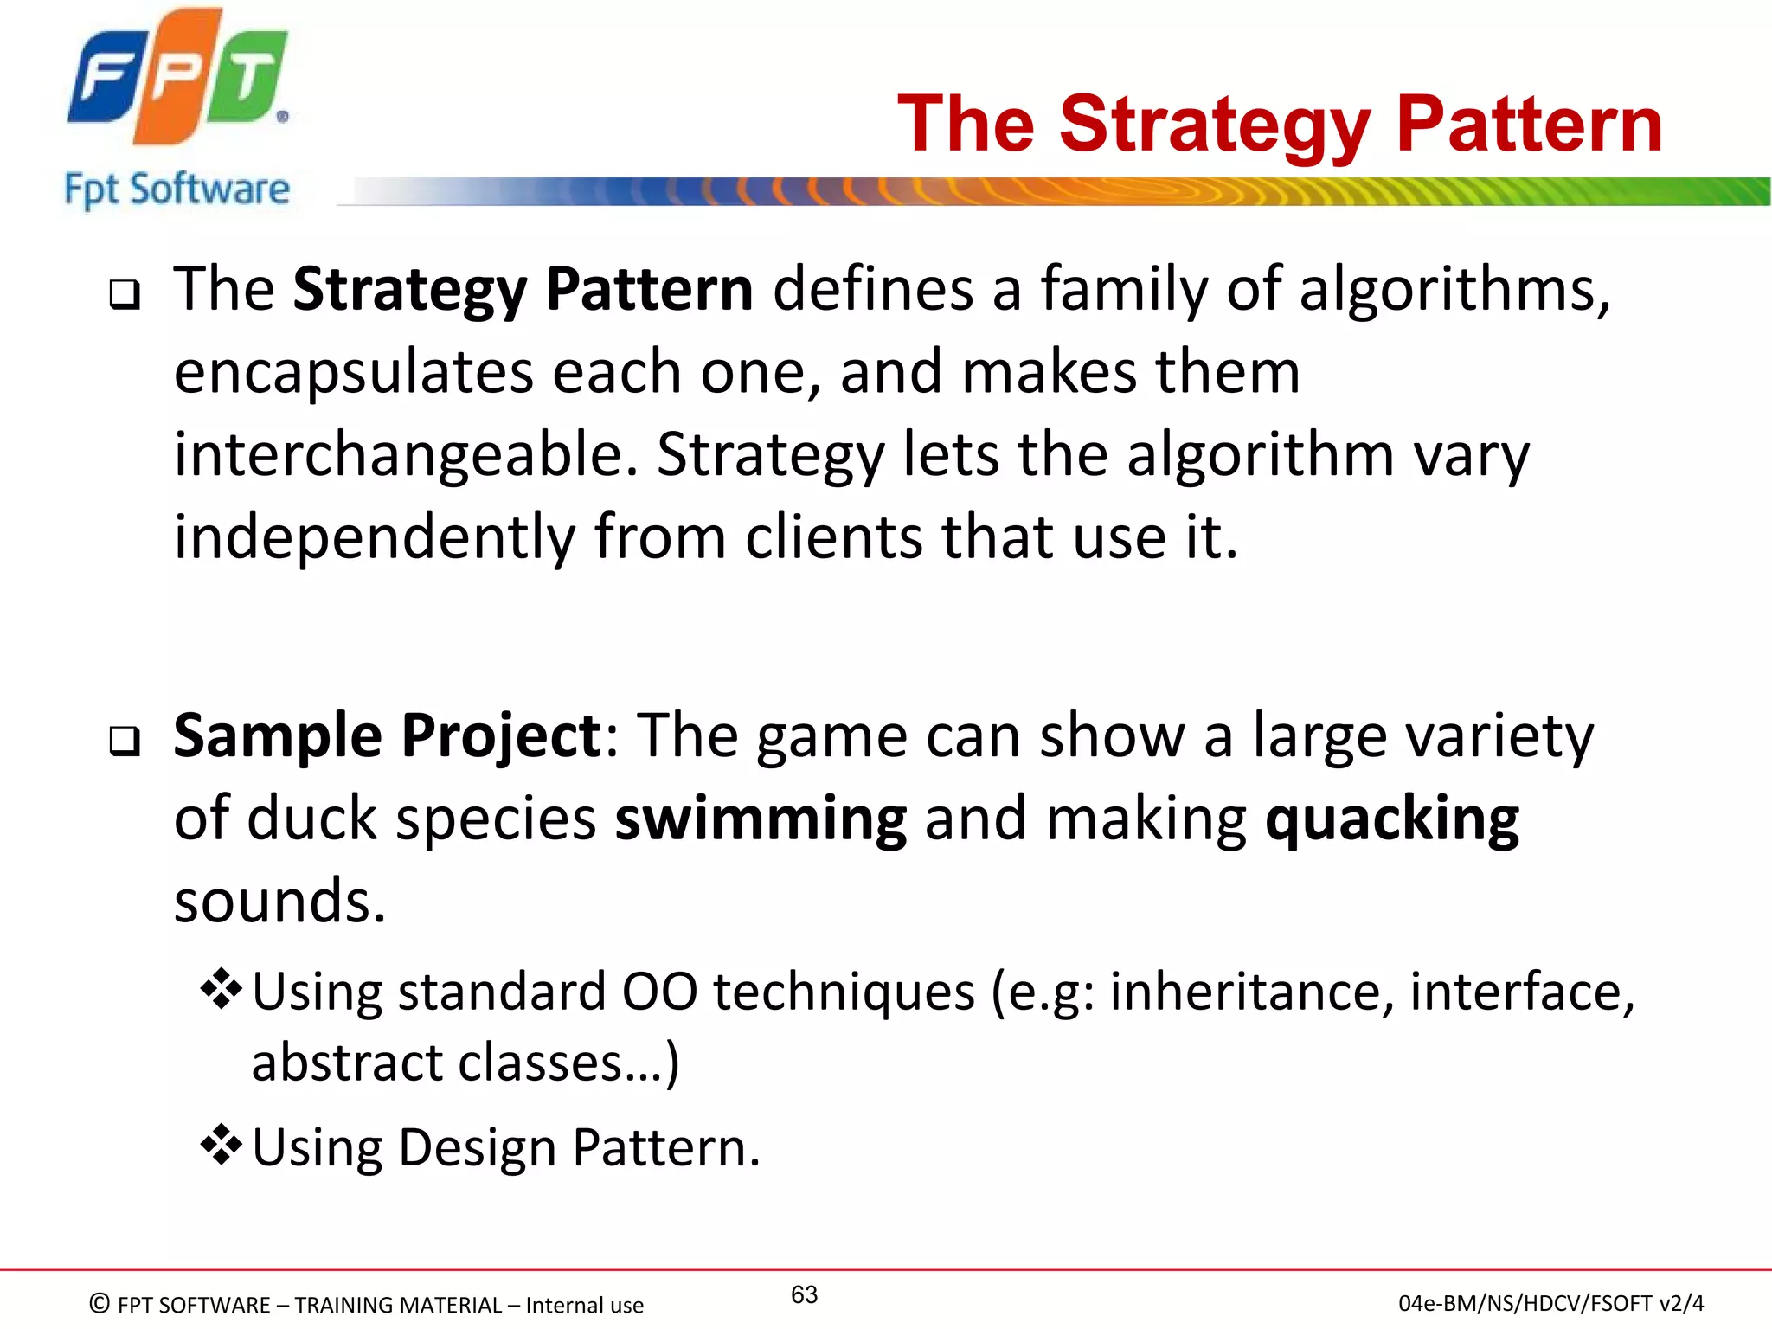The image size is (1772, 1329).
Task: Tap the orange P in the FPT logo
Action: pyautogui.click(x=173, y=78)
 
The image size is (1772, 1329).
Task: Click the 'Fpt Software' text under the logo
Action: pyautogui.click(x=177, y=189)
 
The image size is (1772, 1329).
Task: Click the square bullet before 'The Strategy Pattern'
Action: pyautogui.click(x=125, y=295)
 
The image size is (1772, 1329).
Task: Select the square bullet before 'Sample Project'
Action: pyautogui.click(x=125, y=742)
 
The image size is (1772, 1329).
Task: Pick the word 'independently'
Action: pyautogui.click(x=374, y=538)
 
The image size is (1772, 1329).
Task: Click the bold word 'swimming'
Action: pyautogui.click(x=761, y=819)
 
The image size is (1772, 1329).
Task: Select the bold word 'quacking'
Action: pyautogui.click(x=1391, y=819)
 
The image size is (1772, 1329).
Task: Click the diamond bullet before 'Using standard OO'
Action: pyautogui.click(x=221, y=990)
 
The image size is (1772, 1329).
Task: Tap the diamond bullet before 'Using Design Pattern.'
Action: pyautogui.click(x=221, y=1145)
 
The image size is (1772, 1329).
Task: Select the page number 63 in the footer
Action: pyautogui.click(x=804, y=1294)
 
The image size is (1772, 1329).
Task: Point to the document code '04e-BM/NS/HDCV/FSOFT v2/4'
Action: pyautogui.click(x=1550, y=1303)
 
